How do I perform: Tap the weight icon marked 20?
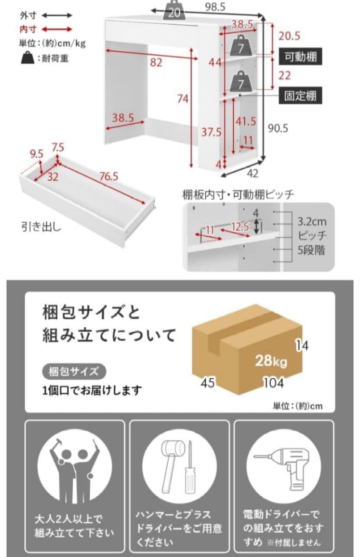175,12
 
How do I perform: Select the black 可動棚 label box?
301,57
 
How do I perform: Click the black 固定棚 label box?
301,95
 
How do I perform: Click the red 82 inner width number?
156,62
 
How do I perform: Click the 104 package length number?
272,383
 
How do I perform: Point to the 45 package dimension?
208,383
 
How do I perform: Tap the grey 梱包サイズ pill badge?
74,370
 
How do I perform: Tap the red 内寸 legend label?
28,29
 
